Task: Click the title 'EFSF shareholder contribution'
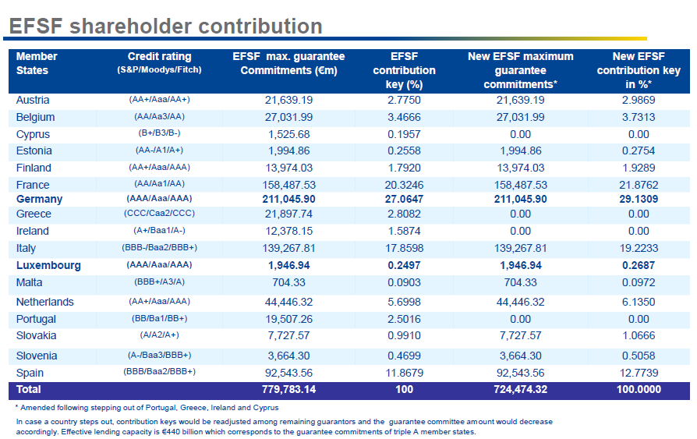165,26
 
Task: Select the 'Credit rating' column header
159,62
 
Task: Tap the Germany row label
39,200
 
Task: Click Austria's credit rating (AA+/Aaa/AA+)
159,100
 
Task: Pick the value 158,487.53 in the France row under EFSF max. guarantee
288,185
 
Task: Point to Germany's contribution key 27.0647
404,200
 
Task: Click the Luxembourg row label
48,265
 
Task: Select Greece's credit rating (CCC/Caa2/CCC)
159,214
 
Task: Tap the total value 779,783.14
288,389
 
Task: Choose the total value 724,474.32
520,389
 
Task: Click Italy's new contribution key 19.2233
639,248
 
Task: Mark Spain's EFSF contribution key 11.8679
404,373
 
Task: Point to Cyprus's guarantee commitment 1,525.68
288,134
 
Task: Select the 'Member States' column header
37,63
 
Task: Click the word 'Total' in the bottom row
29,389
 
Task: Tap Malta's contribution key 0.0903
404,282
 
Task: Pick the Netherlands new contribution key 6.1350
639,302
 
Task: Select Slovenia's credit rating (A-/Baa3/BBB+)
159,355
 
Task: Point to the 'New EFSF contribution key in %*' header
639,70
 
